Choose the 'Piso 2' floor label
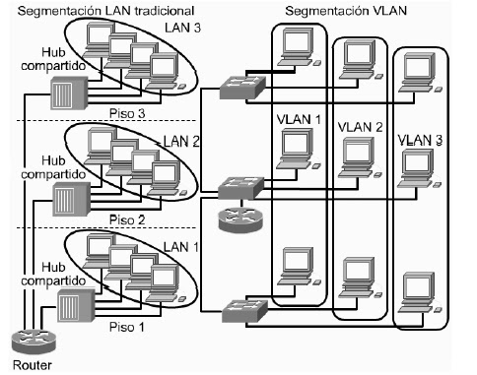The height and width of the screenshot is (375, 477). pos(127,218)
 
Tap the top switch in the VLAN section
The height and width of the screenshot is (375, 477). pos(241,85)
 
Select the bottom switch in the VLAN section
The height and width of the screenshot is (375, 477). pos(243,307)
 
